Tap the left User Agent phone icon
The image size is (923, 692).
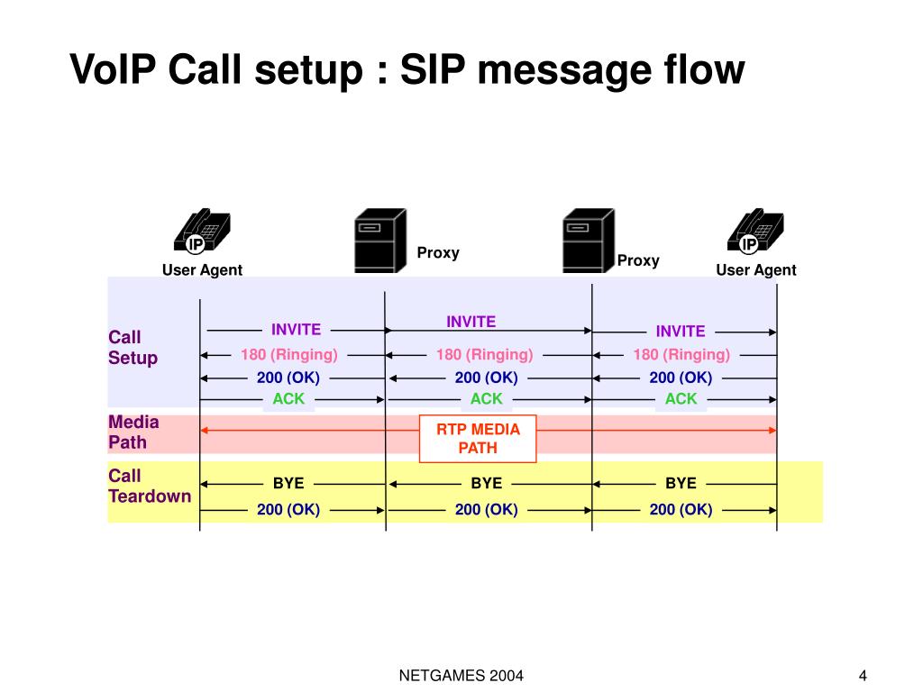tap(202, 232)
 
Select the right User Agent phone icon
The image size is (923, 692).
tap(754, 232)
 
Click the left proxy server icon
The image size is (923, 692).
tap(379, 240)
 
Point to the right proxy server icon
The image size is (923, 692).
tap(587, 240)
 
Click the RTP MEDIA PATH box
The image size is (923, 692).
tap(479, 438)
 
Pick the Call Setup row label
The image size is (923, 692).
tap(133, 348)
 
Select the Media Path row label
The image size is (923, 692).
tap(133, 432)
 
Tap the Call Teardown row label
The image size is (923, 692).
tap(150, 486)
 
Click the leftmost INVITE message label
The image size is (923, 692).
tap(296, 329)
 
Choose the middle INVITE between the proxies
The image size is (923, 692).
tap(471, 322)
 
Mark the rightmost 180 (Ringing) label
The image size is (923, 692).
tap(681, 354)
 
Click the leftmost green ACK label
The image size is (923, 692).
tap(288, 398)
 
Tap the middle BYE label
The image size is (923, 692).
tap(486, 483)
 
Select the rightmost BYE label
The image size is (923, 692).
tap(681, 483)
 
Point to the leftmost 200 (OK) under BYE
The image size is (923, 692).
tap(288, 510)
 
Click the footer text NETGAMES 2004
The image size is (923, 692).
tap(461, 676)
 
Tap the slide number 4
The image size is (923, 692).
tap(863, 676)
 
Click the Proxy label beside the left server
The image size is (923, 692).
tap(438, 252)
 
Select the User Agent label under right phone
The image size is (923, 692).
tap(755, 270)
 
